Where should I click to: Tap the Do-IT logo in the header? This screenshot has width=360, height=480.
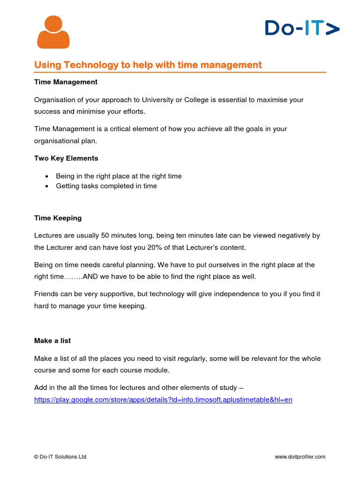[x=302, y=28]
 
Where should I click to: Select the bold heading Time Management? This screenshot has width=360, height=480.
[x=66, y=82]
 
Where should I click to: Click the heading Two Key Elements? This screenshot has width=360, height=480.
[x=66, y=158]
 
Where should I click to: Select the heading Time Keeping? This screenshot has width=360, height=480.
[x=58, y=218]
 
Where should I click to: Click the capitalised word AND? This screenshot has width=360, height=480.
[x=90, y=277]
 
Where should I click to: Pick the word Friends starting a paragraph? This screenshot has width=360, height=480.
[x=46, y=294]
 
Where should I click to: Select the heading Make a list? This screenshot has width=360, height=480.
[x=52, y=341]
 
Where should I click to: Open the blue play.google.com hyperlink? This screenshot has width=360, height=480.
[x=163, y=400]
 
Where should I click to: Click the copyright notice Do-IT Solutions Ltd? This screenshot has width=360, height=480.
[x=60, y=457]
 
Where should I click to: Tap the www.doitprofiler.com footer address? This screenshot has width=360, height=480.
[x=300, y=457]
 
